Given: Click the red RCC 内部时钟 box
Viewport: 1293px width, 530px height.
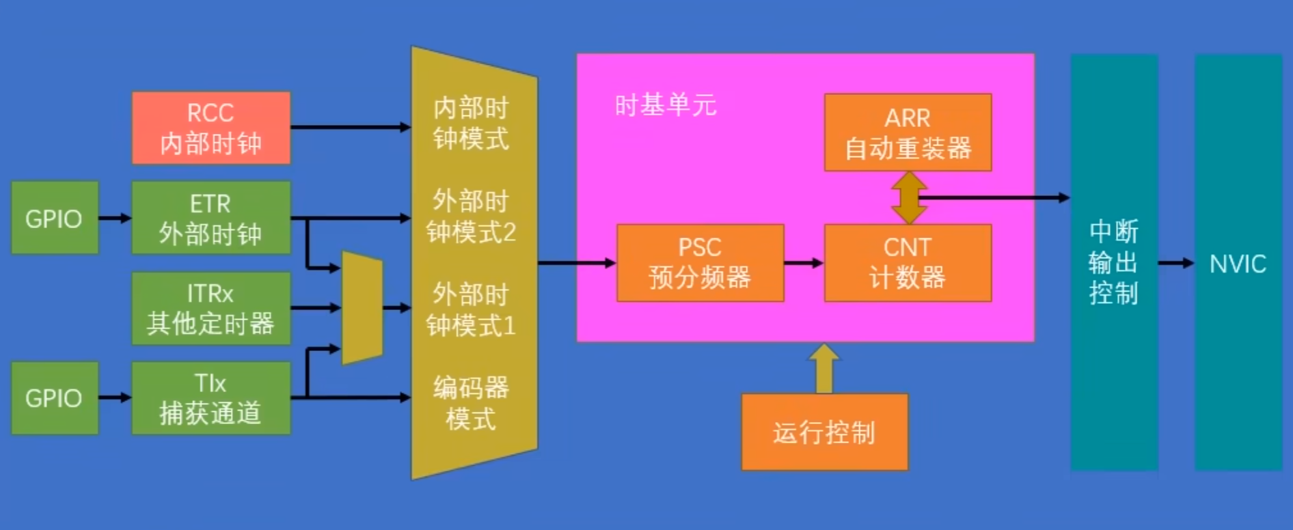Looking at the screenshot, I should pos(211,128).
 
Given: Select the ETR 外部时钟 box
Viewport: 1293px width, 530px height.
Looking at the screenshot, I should pos(211,218).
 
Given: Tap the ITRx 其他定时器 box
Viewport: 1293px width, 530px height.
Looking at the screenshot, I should pos(211,308).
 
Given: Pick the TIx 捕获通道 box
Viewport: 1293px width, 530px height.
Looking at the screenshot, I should pos(211,398).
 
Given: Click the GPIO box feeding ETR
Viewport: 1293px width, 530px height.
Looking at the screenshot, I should pos(55,218).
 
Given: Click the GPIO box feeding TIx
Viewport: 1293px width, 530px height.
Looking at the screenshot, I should pos(55,398).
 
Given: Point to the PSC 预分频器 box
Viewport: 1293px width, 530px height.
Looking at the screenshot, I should pos(700,263).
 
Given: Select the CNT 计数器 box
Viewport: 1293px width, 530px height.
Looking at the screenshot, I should pos(908,263).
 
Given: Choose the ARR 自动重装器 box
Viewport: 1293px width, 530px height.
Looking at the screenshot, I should pos(908,132).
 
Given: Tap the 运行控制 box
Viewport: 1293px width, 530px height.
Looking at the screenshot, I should pos(825,432).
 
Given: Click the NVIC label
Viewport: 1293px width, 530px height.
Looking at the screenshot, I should pos(1238,264).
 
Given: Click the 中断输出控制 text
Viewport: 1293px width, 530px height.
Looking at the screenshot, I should pos(1114,263).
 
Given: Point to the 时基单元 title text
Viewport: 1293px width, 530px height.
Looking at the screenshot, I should pos(665,105).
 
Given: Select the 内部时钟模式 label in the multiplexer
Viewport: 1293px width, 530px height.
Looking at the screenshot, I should pos(471,124).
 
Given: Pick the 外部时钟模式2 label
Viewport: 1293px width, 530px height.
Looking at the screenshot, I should pos(471,217).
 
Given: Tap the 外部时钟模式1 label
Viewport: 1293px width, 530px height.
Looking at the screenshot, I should pos(471,309).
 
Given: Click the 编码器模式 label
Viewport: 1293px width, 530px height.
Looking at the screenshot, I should pos(471,403).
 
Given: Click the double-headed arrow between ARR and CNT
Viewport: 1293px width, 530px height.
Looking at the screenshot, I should pos(909,198).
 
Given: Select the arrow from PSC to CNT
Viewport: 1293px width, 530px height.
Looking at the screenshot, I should pos(804,263).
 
